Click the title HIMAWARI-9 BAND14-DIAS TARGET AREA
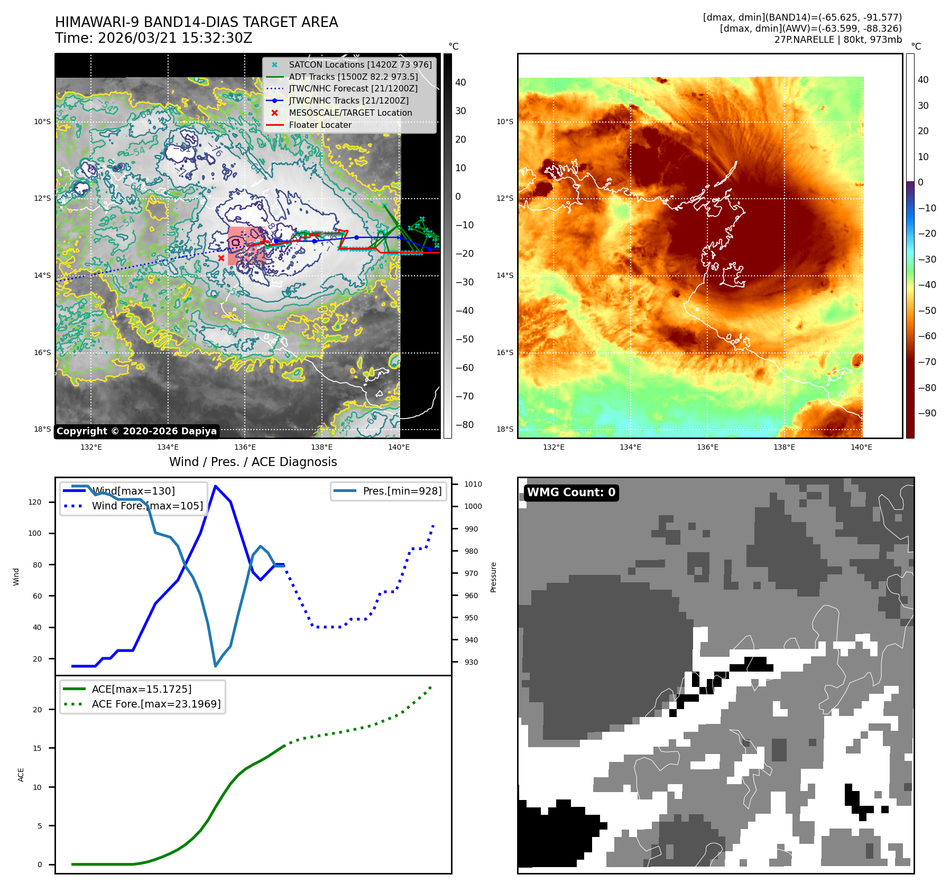196,22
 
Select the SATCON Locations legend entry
360,64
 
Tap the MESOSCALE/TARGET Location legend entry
350,113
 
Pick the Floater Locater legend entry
320,125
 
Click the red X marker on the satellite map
221,258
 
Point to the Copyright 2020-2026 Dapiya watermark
136,431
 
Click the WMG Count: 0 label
571,492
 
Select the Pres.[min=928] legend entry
402,491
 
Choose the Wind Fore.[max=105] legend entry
147,506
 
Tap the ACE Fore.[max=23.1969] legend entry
156,704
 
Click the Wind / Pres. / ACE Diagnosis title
253,462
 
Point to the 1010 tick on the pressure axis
473,484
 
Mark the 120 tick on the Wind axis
35,502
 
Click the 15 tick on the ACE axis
37,748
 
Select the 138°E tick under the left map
321,447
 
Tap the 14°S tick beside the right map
504,275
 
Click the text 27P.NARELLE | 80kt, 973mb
837,40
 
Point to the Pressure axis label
493,577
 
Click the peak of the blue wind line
215,486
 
